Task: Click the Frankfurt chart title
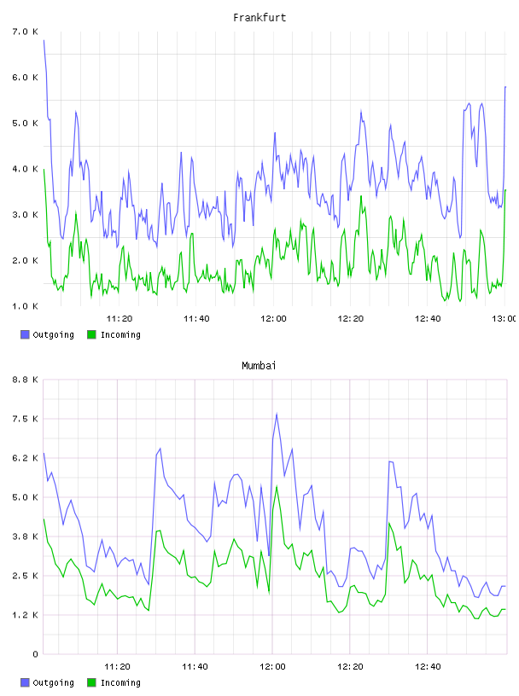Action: coord(259,17)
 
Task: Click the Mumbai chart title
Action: coord(259,365)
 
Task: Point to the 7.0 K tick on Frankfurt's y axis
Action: coord(26,32)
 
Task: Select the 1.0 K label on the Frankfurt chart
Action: coord(26,306)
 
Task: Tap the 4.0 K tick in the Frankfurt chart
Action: coord(26,169)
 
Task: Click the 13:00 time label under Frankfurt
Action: coord(504,318)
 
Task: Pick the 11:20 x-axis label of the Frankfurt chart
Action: coord(120,318)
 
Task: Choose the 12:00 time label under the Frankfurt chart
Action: coord(273,318)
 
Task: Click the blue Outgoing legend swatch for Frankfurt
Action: coord(25,334)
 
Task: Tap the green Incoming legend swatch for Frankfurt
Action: coord(91,334)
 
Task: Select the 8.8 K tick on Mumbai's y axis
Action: coord(26,380)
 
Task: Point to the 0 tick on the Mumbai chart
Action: coord(35,654)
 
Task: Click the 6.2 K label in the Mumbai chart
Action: coord(26,458)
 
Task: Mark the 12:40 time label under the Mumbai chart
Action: coord(428,666)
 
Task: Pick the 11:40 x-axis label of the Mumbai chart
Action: coord(195,666)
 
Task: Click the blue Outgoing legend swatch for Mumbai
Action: coord(25,682)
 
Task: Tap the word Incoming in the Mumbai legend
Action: coord(120,682)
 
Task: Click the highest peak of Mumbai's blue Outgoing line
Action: coord(277,414)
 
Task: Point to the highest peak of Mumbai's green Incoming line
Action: coord(277,486)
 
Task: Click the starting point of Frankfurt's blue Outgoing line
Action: coord(44,40)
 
